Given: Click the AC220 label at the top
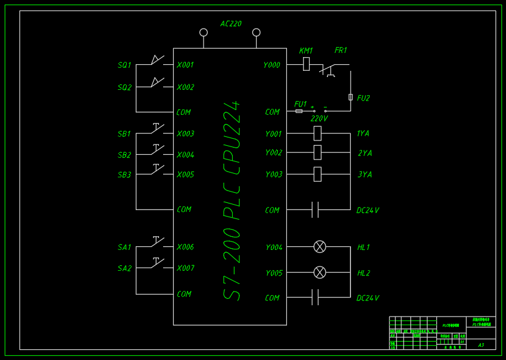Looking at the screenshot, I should click(x=231, y=24).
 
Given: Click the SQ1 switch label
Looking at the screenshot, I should click(x=124, y=65).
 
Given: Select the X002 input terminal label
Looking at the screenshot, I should click(x=185, y=87).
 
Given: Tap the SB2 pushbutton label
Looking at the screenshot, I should click(x=124, y=155).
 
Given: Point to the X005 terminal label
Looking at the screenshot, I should click(x=185, y=174).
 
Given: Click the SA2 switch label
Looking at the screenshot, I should click(x=124, y=268).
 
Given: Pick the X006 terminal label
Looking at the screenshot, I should click(x=185, y=247).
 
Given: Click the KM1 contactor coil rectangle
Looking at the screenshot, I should click(x=306, y=64).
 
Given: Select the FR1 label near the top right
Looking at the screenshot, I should click(x=341, y=51).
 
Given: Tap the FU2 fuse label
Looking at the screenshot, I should click(x=363, y=98).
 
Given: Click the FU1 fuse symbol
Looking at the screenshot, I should click(x=299, y=111).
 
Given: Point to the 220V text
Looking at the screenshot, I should click(x=319, y=118).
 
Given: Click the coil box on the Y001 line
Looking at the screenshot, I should click(x=317, y=133).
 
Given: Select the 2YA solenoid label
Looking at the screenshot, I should click(x=364, y=154).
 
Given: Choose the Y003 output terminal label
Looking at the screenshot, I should click(x=273, y=174).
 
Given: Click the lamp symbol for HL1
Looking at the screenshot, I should click(x=320, y=247).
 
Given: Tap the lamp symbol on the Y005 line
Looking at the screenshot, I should click(x=320, y=273).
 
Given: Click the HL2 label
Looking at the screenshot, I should click(x=363, y=273).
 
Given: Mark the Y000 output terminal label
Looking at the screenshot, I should click(x=271, y=65).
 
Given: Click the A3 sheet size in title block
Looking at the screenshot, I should click(x=481, y=345).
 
